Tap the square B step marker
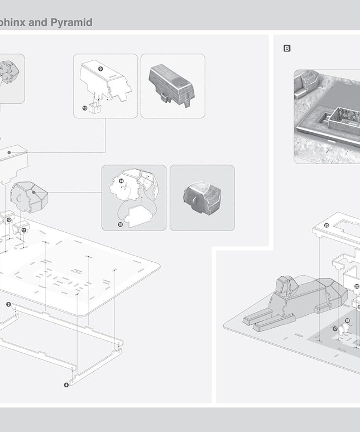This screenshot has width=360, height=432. pos(287,49)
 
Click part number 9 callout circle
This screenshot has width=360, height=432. pos(100,68)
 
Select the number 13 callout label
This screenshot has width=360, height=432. pos(85,108)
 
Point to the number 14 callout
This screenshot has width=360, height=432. pos(121,181)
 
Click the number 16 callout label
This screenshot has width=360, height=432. pos(121,224)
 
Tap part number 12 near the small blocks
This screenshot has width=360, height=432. pos(9,220)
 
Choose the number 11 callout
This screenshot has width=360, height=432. pos(24,229)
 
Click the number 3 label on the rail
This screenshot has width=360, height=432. pos(8,304)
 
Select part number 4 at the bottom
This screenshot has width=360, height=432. pos(66,385)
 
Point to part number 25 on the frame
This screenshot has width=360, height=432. pos(327,225)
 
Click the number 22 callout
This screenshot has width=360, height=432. pos(357,286)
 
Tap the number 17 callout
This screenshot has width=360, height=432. pos(335,329)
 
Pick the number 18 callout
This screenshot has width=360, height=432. pos(347,321)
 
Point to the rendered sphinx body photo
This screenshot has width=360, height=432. pos(172,86)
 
